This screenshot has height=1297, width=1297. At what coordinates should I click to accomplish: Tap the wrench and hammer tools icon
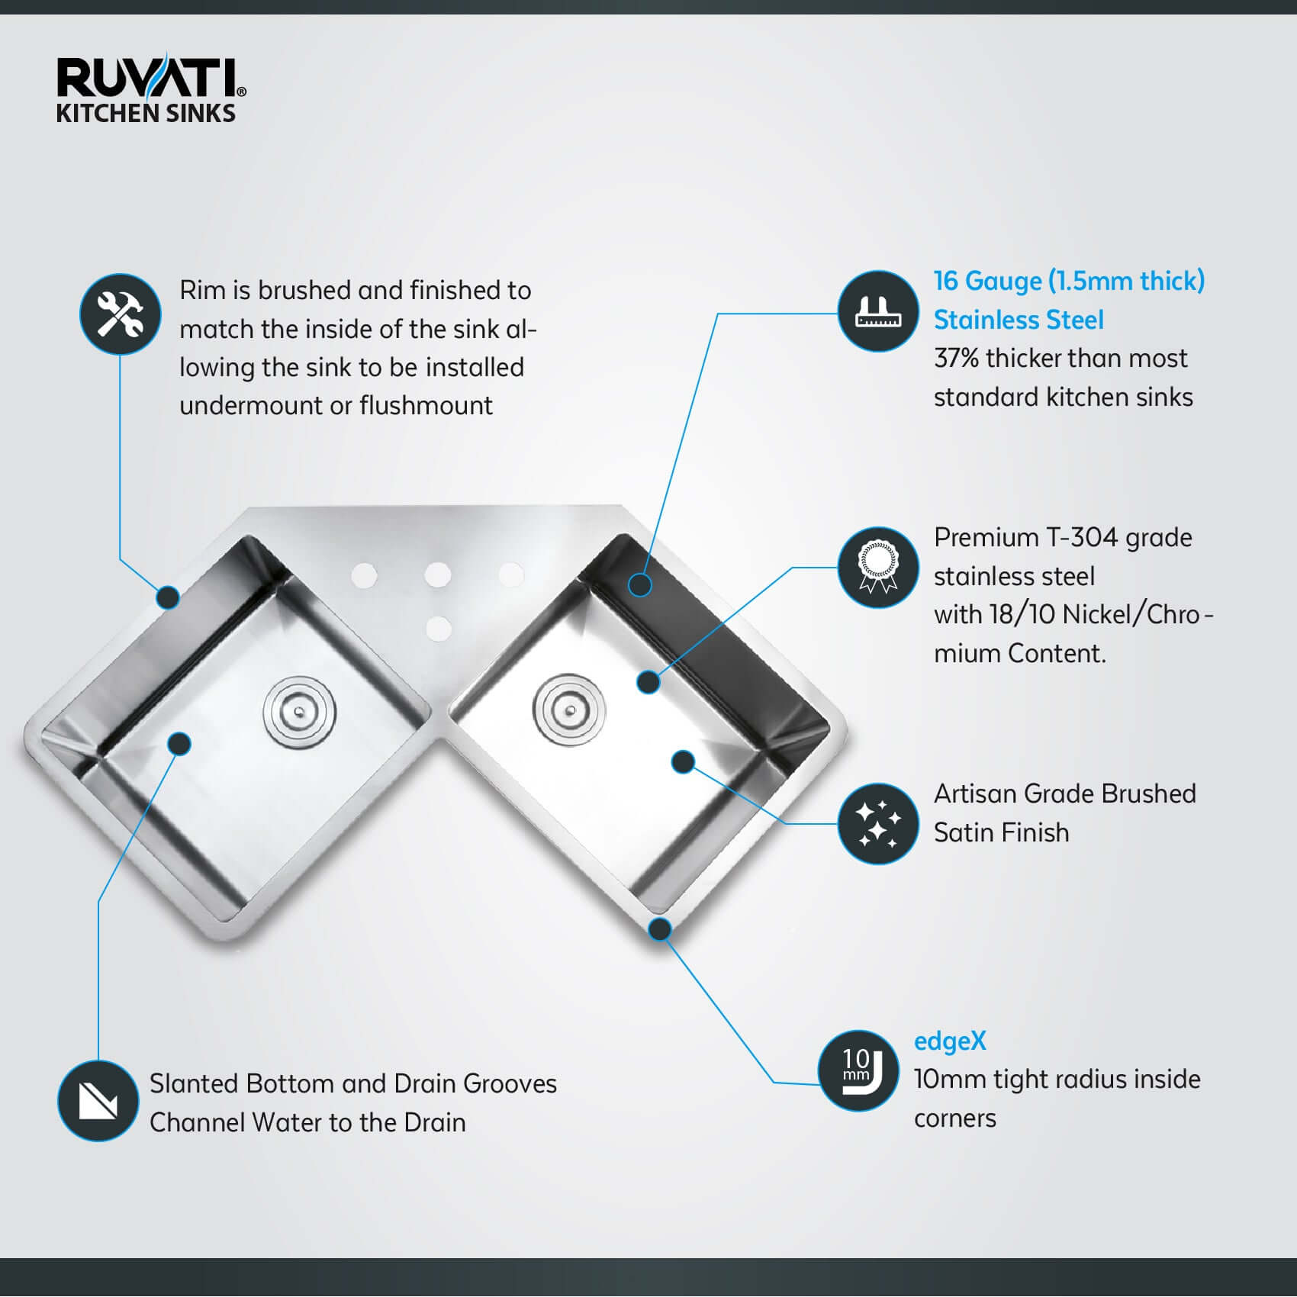(x=121, y=314)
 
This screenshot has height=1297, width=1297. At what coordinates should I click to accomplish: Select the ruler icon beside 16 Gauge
(x=878, y=311)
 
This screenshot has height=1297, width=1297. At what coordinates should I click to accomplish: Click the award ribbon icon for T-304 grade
(x=878, y=568)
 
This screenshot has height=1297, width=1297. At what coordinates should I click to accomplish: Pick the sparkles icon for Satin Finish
(x=878, y=824)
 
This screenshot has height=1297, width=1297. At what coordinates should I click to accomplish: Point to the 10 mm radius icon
(x=858, y=1070)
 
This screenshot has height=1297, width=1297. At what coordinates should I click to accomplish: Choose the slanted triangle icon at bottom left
(x=98, y=1101)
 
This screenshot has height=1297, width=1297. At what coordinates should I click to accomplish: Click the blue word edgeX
(x=950, y=1041)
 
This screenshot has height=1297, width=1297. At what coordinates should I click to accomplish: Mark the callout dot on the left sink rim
(x=168, y=597)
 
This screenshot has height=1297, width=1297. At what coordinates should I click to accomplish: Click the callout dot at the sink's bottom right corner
(x=660, y=929)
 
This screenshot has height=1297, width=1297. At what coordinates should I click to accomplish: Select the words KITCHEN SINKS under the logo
(x=146, y=114)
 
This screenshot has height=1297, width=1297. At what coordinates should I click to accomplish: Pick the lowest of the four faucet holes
(x=438, y=629)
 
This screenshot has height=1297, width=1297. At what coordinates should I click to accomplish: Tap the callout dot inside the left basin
(x=179, y=743)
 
